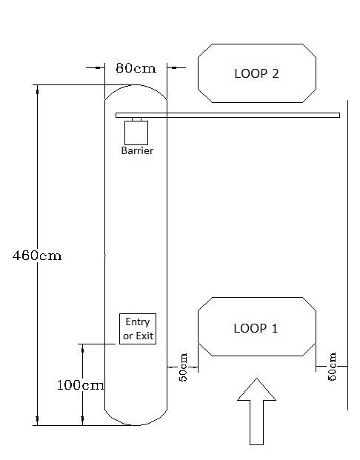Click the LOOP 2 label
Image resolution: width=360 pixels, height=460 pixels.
tap(256, 73)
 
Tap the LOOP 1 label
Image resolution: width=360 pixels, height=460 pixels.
tap(256, 328)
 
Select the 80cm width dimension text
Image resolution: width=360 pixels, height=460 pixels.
tap(136, 68)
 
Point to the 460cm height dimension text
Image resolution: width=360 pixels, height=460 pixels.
tap(37, 256)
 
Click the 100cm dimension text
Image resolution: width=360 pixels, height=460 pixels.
tap(81, 385)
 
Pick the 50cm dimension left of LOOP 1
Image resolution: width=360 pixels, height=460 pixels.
tap(183, 367)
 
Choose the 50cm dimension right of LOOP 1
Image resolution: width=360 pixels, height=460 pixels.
tap(332, 367)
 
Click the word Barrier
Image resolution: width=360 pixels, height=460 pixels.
tap(137, 150)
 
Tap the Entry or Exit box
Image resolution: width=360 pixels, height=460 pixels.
tap(138, 329)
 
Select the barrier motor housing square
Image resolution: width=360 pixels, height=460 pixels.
tap(136, 133)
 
